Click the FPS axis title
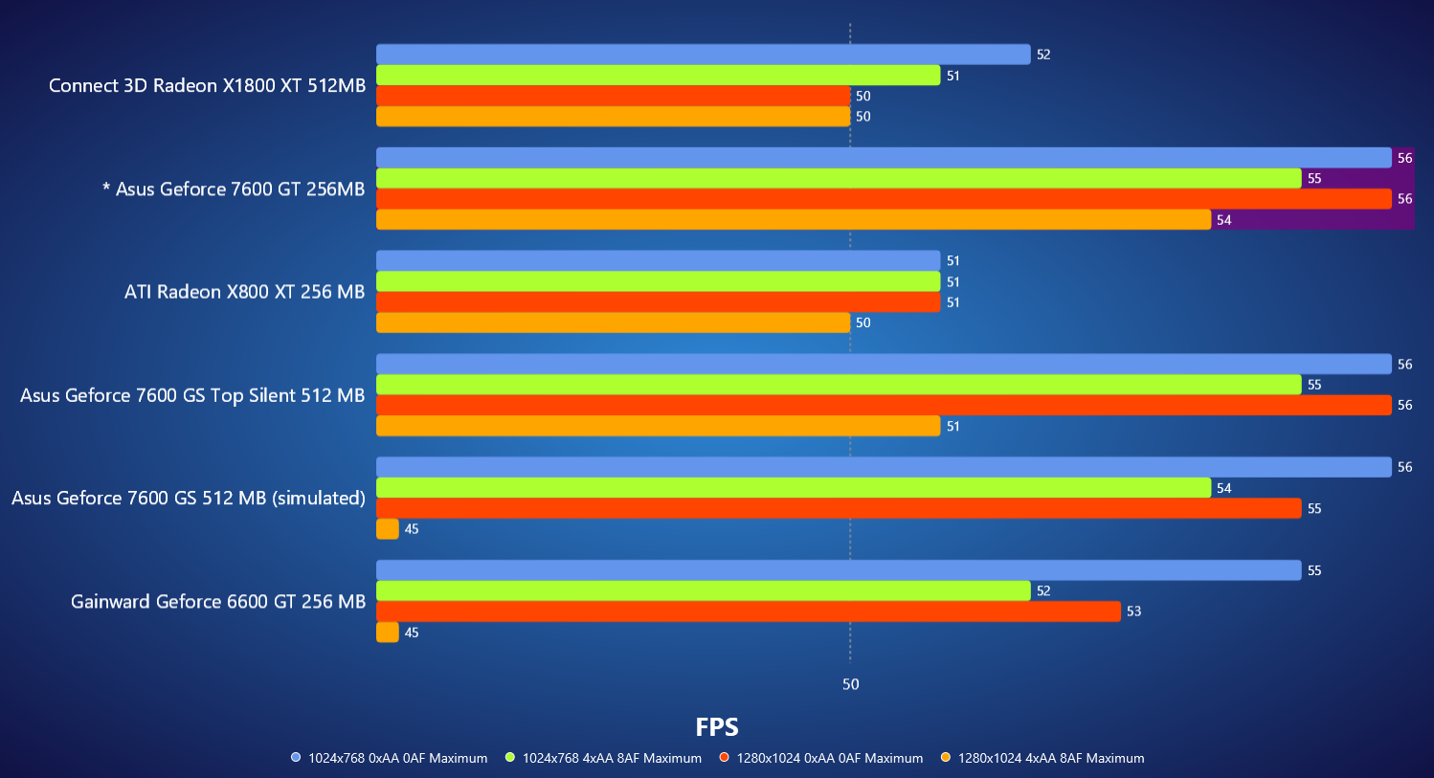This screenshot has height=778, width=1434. point(716,727)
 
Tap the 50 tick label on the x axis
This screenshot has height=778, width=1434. point(850,684)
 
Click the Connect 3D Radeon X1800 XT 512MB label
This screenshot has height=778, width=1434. point(208,86)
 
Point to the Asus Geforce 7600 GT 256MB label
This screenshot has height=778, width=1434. point(234,189)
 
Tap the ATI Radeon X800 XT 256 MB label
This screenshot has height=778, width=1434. point(244,292)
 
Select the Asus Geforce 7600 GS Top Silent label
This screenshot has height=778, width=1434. point(192,395)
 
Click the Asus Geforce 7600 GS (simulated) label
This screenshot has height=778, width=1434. point(189,499)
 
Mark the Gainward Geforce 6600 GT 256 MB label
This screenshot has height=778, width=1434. point(218,602)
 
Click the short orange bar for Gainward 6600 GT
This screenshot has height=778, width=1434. point(388,633)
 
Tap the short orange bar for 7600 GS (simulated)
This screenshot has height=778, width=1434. point(388,529)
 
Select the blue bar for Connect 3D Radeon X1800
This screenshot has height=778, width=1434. point(703,55)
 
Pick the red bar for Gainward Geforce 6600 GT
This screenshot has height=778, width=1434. point(748,611)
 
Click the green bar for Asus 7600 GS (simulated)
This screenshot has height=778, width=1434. point(793,488)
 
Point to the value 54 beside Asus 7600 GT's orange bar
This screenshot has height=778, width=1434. point(1223,220)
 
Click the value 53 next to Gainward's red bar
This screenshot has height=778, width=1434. point(1133,611)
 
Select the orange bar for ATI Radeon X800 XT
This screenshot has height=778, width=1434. point(613,322)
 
